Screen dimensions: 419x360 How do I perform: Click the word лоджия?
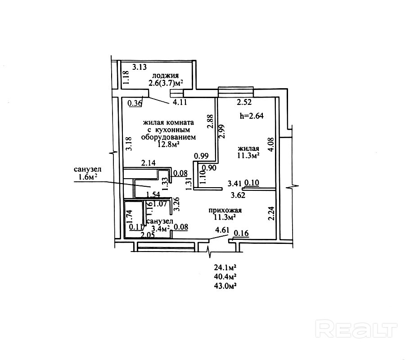pos(166,76)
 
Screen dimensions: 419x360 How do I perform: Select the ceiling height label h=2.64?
pos(252,115)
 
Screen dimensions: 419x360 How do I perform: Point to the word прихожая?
pos(225,210)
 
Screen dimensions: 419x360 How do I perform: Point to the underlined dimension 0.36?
pos(135,103)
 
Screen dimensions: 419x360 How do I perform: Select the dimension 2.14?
pos(148,163)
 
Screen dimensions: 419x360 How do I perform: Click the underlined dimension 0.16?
pos(242,233)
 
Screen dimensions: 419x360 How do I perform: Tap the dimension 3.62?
pos(238,195)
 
